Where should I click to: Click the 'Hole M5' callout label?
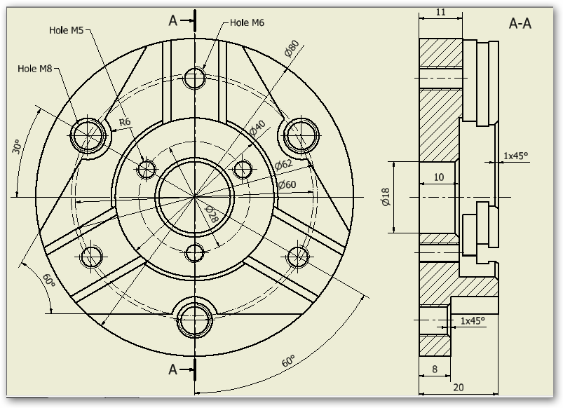pos(67,30)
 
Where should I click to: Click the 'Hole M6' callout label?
pos(247,23)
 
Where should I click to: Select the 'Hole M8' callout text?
pos(34,69)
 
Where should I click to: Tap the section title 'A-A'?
pos(520,24)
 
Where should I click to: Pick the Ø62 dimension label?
pos(284,164)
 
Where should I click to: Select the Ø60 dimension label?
pos(287,184)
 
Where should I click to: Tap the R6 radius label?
pos(125,122)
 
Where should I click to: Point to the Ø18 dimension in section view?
pos(386,196)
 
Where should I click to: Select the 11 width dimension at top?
pos(440,13)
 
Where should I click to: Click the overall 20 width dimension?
pos(458,387)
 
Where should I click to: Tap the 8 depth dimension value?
pos(435,369)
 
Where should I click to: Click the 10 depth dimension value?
pos(438,177)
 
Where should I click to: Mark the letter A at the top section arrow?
pos(173,20)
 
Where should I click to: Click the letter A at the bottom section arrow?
pos(173,369)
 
